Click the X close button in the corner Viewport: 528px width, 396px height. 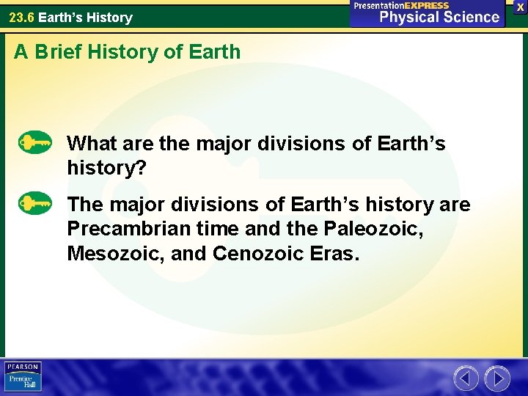[520, 6]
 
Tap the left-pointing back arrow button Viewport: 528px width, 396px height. [466, 378]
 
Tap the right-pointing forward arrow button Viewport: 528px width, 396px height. [497, 378]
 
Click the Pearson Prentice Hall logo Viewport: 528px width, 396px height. [23, 377]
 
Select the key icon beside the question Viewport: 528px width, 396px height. [34, 142]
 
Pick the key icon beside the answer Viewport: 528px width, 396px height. [34, 202]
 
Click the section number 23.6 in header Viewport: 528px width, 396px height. [21, 17]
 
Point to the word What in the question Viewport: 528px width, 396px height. [89, 144]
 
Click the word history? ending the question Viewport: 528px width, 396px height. [107, 169]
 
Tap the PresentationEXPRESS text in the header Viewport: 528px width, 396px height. [401, 5]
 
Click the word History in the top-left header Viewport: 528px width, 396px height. [109, 17]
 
